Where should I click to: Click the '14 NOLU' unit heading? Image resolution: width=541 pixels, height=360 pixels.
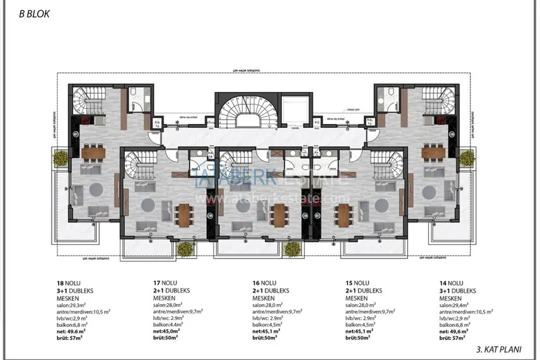pos(452,284)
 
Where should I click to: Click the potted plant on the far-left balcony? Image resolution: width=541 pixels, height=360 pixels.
pos(60,157)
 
